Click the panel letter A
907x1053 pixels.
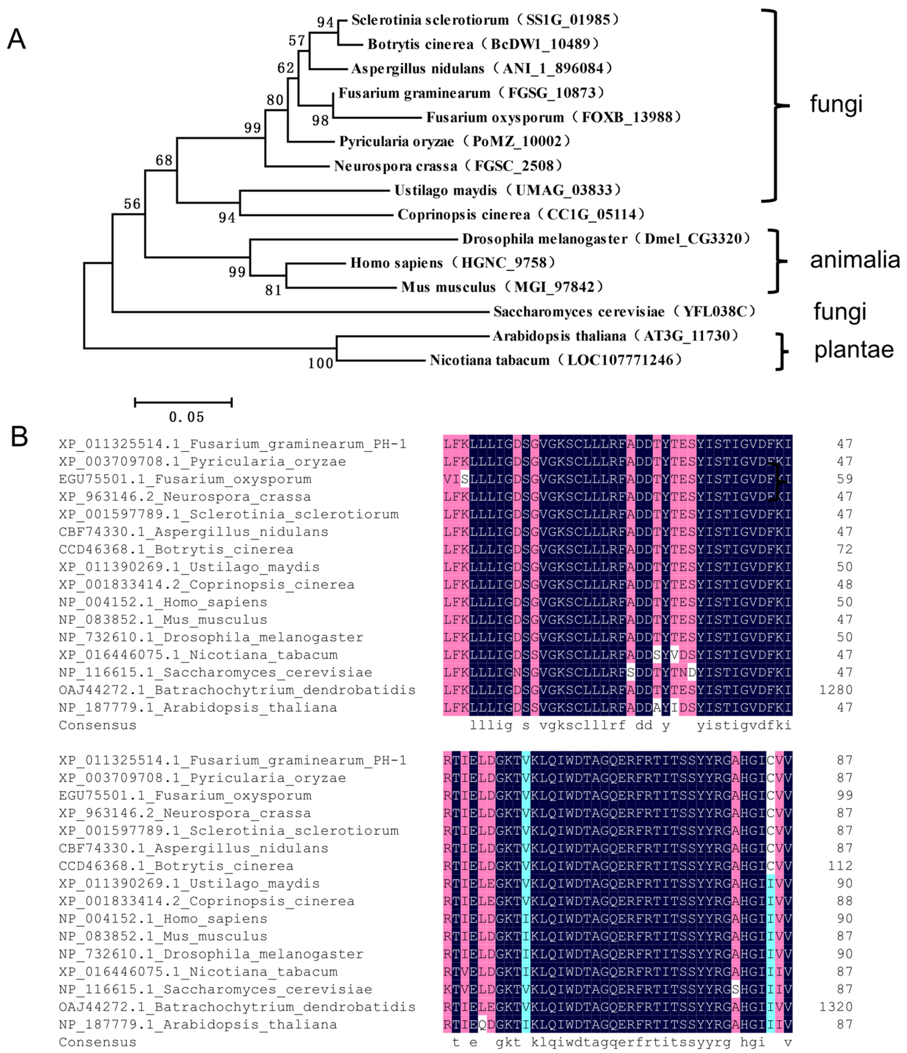(x=16, y=39)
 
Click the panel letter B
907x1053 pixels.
(x=19, y=436)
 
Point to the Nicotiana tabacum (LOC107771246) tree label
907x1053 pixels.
(x=556, y=360)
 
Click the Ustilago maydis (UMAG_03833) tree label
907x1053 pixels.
(x=508, y=190)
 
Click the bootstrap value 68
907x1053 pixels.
(x=164, y=161)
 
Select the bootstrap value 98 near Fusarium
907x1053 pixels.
(x=320, y=120)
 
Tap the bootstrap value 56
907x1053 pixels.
(x=132, y=204)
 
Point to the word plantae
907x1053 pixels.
(x=854, y=350)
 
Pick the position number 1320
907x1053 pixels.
(x=836, y=1007)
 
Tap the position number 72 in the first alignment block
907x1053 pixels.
(x=844, y=549)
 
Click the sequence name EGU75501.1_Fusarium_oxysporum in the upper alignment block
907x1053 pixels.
(x=185, y=479)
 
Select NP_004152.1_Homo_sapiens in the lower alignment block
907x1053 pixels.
(x=163, y=919)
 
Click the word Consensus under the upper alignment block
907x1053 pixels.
(x=98, y=725)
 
